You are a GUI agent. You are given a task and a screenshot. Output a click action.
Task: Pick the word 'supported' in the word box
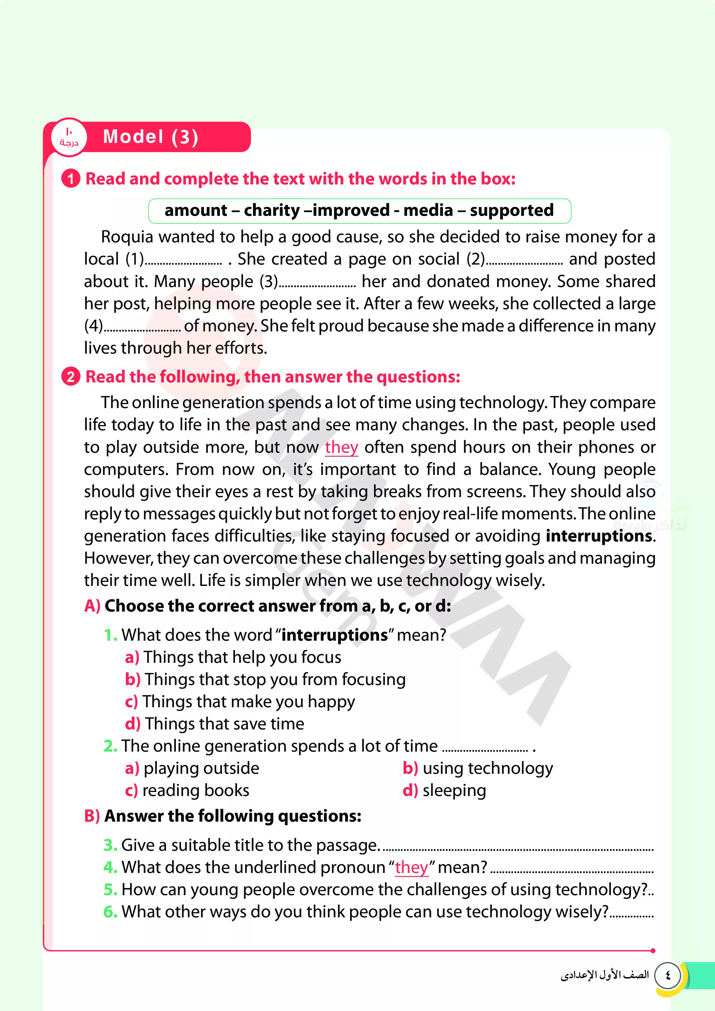(511, 210)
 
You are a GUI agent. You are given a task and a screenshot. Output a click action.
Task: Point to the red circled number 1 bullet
(70, 179)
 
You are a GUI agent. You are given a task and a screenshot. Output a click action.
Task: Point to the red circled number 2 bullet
(70, 377)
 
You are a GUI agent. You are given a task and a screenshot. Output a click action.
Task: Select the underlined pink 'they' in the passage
(341, 447)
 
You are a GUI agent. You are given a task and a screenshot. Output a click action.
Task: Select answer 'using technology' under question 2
(487, 768)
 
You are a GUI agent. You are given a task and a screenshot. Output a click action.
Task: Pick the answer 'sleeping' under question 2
(454, 791)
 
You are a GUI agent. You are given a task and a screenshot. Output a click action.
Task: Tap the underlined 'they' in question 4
(411, 867)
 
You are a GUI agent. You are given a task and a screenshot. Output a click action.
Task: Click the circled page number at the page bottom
(668, 975)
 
